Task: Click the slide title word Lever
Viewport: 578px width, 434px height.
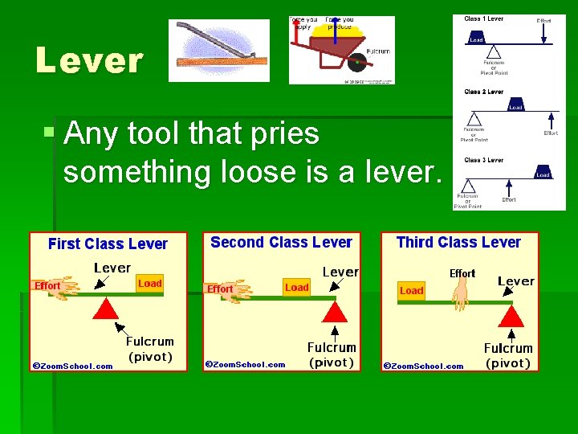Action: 89,60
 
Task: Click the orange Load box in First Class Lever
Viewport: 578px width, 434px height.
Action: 149,284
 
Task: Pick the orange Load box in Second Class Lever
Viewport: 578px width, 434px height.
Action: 296,287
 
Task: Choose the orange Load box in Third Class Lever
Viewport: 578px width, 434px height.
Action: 411,291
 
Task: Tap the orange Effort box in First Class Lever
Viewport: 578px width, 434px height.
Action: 47,285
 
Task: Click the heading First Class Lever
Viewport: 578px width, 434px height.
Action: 108,244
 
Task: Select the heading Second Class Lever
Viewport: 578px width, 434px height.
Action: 281,242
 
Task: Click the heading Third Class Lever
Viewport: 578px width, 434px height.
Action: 458,242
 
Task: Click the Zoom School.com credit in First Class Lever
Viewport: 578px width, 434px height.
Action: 72,366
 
